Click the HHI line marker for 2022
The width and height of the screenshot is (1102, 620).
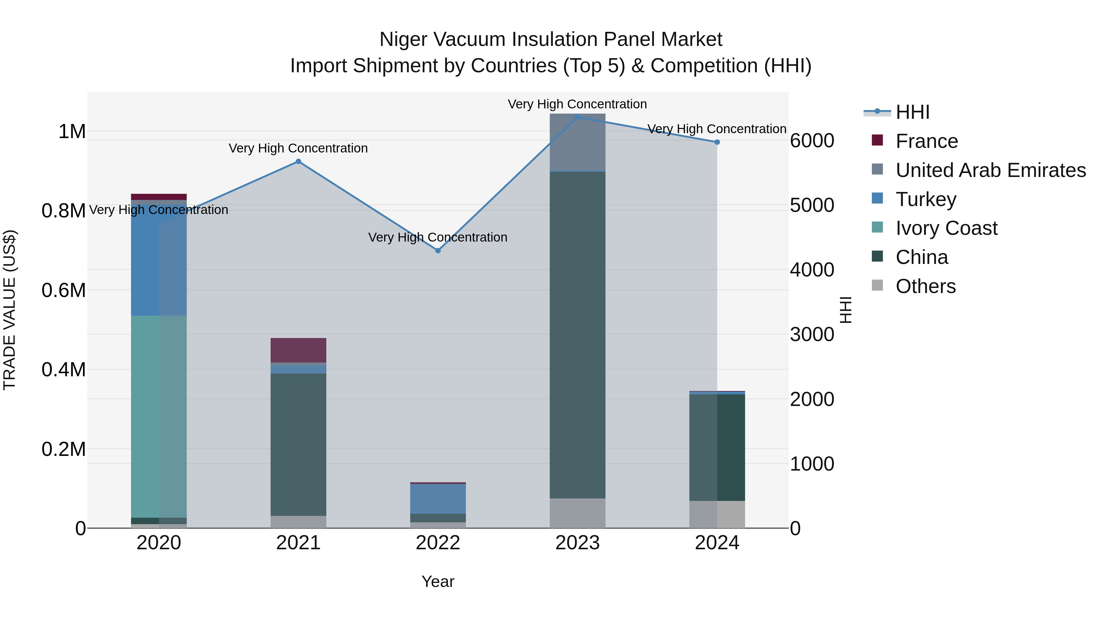click(438, 250)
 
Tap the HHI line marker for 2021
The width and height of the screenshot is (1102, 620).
click(298, 161)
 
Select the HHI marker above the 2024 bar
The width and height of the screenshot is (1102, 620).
click(717, 142)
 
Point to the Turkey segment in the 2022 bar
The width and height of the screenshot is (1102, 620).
click(438, 498)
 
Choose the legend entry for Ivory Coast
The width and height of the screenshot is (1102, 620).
click(946, 228)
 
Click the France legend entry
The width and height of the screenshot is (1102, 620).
click(926, 141)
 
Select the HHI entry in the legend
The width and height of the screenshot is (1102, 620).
click(912, 112)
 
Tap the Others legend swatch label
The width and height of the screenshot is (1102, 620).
click(925, 286)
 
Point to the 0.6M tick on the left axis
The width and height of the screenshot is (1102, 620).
click(63, 290)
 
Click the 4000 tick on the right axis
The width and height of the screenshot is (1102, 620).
click(812, 270)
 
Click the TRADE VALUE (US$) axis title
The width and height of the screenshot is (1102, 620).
click(9, 310)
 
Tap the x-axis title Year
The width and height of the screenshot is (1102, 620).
click(438, 581)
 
